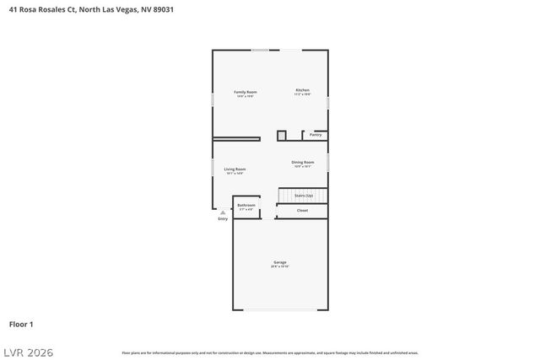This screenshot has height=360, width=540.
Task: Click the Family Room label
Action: pos(246,91)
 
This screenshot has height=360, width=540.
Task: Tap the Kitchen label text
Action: pos(302,90)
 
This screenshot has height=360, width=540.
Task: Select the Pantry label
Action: pos(316,135)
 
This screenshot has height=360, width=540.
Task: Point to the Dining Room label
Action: pos(303,162)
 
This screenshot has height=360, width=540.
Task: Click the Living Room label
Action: pos(235,169)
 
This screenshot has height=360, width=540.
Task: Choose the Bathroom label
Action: pos(246,205)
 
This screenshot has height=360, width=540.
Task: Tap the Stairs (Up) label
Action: pos(304,196)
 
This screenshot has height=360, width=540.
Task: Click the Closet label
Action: pos(302,211)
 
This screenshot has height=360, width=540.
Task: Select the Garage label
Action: pos(279,262)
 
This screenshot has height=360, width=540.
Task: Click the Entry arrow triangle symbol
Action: pos(223,212)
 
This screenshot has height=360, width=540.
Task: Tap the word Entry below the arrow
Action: pos(223,219)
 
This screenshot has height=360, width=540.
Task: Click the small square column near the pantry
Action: pos(282,135)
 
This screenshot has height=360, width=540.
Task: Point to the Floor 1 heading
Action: pos(21,324)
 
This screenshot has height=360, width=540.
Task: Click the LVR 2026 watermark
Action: pos(27,352)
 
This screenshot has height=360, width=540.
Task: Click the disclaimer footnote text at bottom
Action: pos(270,352)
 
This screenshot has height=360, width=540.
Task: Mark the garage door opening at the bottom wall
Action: pos(280,309)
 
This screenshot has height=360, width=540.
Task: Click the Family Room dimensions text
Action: pos(246,96)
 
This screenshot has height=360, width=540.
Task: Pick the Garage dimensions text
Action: pos(279,267)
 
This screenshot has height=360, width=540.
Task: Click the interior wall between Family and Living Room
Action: pos(236,138)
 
